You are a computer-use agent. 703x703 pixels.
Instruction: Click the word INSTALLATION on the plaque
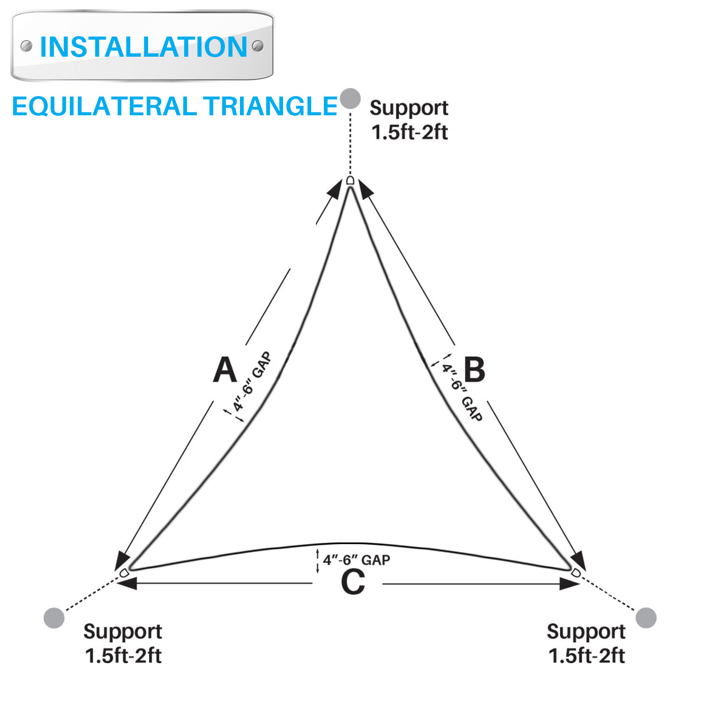coord(143,47)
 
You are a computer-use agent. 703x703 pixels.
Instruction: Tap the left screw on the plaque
coord(27,46)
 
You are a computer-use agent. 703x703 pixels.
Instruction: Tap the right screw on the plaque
coord(258,46)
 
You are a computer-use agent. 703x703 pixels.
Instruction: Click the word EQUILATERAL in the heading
coord(104,106)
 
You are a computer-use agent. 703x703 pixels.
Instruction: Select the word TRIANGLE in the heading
coord(270,106)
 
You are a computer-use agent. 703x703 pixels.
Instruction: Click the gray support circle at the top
coord(350,98)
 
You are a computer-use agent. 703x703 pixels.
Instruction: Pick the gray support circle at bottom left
coord(54,618)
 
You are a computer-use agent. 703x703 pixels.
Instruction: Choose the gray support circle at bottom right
coord(646,618)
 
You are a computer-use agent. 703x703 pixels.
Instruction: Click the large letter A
coord(225,370)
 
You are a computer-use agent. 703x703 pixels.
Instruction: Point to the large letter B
coord(474,370)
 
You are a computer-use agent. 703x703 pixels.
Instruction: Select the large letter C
coord(352,583)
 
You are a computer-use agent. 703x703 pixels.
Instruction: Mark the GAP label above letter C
coord(356,560)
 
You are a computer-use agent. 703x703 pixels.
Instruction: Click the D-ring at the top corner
coord(350,181)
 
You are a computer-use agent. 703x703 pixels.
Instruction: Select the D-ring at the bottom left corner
coord(124,573)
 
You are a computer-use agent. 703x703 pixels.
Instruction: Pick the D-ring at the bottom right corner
coord(576,573)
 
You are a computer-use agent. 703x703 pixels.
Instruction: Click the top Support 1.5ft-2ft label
coord(409,120)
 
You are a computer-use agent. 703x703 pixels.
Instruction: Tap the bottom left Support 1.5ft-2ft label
coord(123,643)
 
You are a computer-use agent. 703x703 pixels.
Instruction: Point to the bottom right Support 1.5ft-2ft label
coord(586,643)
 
